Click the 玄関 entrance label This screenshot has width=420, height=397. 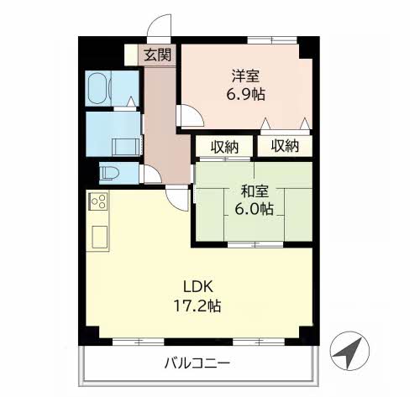tap(157, 55)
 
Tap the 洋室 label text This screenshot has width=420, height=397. tap(245, 76)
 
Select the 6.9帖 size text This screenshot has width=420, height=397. tap(245, 94)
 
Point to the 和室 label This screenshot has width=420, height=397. tap(255, 191)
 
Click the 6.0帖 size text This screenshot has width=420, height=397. tap(254, 209)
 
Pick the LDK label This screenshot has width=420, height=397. tap(198, 287)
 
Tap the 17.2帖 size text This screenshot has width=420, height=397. tap(197, 306)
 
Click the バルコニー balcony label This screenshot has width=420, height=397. tap(197, 363)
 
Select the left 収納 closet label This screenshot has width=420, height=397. tap(224, 147)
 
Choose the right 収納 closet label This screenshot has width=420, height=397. tap(285, 146)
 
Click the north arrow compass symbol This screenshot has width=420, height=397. tap(349, 351)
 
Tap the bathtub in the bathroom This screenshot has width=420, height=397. tap(98, 88)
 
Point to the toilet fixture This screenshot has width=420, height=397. tap(109, 173)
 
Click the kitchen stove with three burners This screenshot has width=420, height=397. tap(98, 201)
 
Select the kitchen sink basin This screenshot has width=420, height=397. tap(99, 237)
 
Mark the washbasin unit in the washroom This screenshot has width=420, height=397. tap(126, 147)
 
